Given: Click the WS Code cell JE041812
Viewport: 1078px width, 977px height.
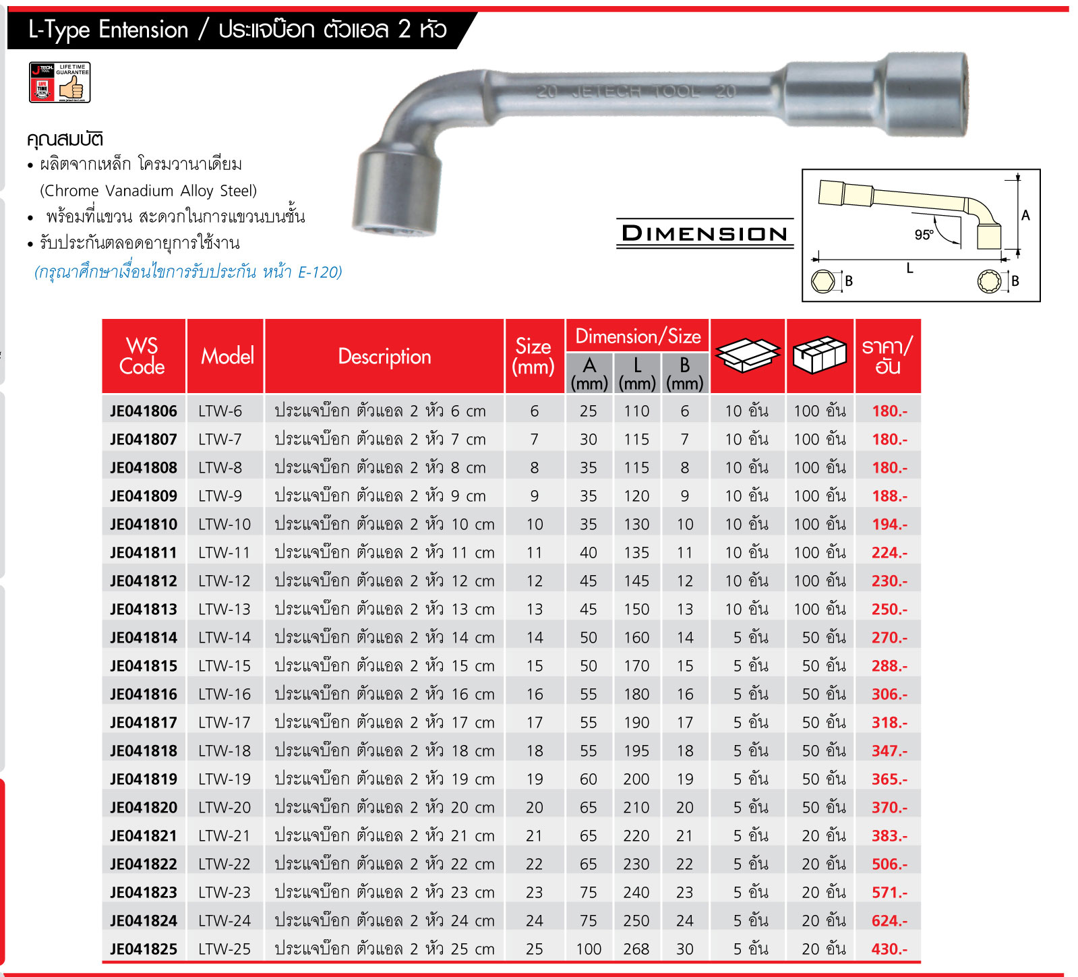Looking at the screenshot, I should click(x=144, y=581).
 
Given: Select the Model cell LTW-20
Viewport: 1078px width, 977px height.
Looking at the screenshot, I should click(x=224, y=807).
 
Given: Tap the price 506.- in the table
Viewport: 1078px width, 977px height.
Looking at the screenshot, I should click(x=889, y=864).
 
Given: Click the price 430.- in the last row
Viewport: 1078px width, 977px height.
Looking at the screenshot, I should click(x=889, y=949).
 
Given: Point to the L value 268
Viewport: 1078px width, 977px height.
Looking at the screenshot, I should click(x=636, y=949).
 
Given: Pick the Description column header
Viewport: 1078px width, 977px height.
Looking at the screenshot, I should click(x=384, y=356).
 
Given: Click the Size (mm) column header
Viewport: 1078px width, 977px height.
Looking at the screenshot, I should click(x=533, y=356).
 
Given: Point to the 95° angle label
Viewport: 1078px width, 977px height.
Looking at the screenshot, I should click(x=924, y=235).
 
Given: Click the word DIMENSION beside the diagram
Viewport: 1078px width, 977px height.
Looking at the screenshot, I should click(x=705, y=233).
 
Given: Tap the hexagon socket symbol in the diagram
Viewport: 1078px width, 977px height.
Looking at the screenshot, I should click(x=823, y=281).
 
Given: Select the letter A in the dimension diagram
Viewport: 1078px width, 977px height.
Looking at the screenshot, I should click(x=1025, y=216).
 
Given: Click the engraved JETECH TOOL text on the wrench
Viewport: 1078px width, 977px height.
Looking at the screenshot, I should click(x=635, y=92).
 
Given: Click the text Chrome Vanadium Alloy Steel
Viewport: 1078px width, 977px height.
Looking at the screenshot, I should click(x=148, y=191).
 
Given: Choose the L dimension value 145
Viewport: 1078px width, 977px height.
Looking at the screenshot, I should click(x=636, y=581).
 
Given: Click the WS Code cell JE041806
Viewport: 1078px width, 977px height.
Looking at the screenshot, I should click(x=144, y=411).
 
